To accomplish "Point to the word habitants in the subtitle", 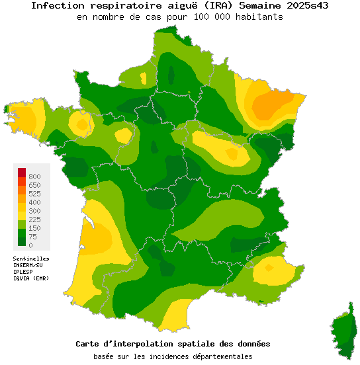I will [x=259, y=17].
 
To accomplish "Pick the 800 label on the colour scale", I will [x=34, y=177].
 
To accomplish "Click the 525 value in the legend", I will [x=34, y=194].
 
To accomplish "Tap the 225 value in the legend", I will [x=34, y=220].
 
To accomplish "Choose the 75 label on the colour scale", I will [x=32, y=237].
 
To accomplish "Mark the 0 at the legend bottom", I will [x=30, y=245].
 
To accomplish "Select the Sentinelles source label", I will [x=31, y=259].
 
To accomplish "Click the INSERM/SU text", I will [x=29, y=265].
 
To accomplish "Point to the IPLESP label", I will [x=24, y=272].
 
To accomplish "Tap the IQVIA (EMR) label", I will [x=30, y=278].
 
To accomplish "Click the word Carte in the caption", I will [x=88, y=344].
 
